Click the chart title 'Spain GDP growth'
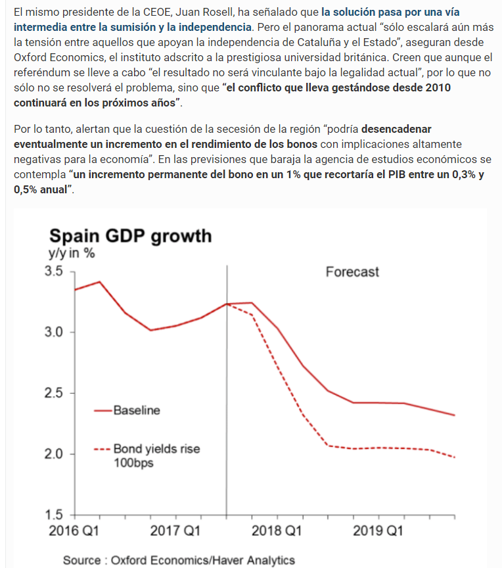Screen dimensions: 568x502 click(131, 235)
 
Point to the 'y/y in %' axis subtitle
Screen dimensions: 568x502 click(70, 254)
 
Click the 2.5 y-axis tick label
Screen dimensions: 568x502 click(55, 393)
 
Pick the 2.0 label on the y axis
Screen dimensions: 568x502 click(55, 454)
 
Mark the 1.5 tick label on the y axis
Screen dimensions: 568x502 click(55, 515)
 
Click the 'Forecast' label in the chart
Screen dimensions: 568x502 click(352, 272)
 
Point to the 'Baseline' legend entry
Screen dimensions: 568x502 click(136, 410)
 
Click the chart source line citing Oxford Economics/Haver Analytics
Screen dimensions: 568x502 click(179, 560)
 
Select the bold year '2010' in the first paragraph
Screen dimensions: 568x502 click(433, 87)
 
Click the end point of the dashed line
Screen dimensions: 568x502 click(455, 458)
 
